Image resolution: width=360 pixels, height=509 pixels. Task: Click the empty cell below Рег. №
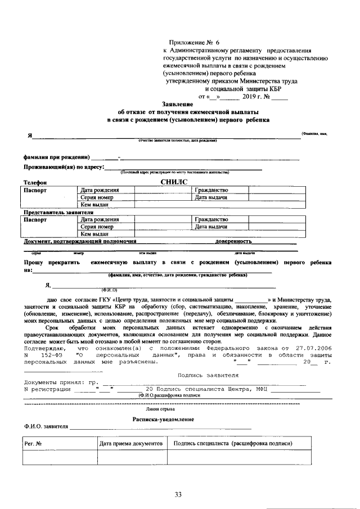click(x=59, y=458)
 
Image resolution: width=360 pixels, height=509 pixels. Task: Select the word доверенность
click(x=233, y=241)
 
